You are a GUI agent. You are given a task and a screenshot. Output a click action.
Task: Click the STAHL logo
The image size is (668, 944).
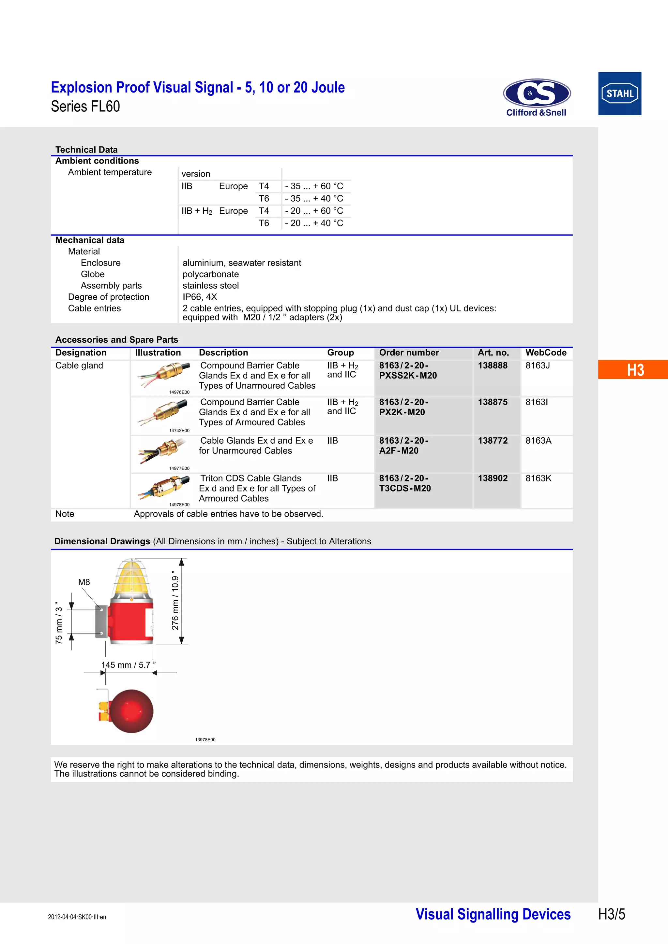619,94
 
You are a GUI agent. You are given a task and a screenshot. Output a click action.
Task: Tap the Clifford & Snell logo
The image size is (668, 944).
536,98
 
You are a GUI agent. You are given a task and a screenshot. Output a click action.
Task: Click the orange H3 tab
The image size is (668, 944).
635,370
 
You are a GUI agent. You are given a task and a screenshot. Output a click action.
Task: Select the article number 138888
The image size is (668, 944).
493,365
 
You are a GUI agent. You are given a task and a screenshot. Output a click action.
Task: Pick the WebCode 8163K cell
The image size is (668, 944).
539,478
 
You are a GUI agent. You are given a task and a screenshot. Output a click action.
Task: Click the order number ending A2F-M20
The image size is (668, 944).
403,446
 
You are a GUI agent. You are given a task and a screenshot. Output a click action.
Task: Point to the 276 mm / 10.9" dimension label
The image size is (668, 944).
175,600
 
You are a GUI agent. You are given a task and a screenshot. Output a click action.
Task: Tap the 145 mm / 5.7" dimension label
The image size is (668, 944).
129,665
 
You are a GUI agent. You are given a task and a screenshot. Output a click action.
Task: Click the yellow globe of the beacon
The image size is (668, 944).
131,577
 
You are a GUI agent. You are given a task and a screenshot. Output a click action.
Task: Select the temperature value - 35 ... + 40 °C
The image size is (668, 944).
314,199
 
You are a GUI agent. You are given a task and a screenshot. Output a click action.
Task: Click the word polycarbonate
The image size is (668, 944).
211,274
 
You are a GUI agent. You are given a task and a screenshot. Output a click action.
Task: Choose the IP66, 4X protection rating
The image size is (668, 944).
200,297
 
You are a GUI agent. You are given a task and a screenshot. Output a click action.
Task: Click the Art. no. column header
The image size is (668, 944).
493,353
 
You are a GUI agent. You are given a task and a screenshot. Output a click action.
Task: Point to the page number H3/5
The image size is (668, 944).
611,914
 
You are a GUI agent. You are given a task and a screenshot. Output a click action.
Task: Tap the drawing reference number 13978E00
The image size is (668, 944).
205,740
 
